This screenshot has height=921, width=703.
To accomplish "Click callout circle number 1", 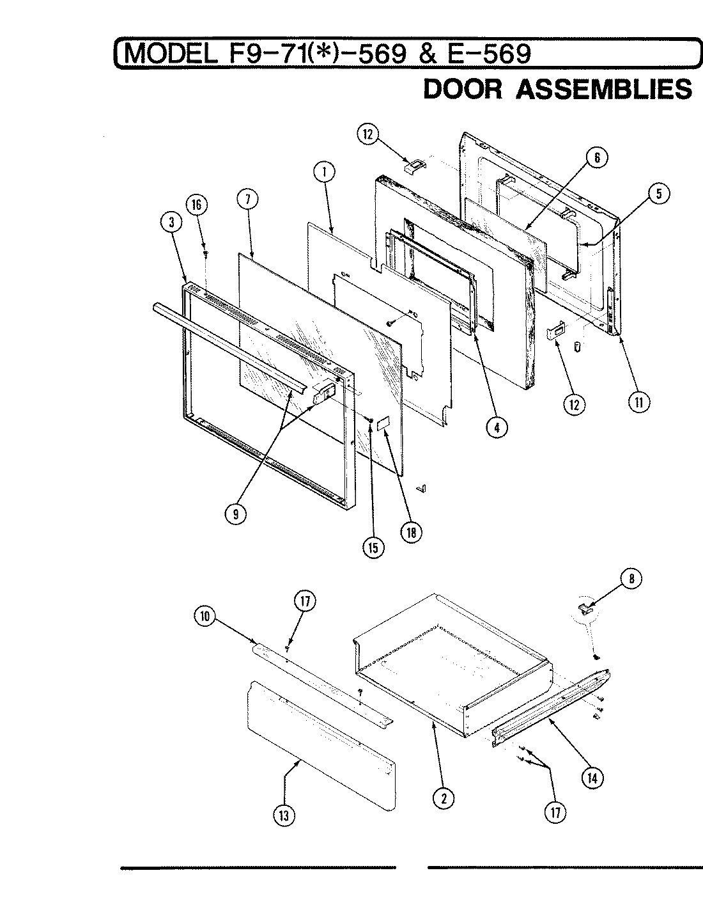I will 324,171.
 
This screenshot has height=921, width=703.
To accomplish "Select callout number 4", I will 497,428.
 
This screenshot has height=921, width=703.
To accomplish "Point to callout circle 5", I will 660,194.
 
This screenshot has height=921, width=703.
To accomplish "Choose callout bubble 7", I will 247,200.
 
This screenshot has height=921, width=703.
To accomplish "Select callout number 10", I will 205,618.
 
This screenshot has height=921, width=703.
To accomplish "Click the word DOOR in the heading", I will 463,89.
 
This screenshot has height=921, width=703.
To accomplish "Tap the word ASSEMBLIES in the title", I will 603,89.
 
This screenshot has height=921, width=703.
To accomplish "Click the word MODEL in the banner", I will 170,54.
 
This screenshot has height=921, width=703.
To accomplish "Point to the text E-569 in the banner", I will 488,54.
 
